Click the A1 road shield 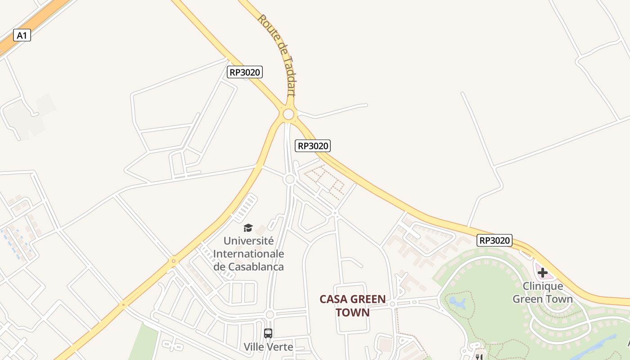(22, 35)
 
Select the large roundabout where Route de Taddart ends (288, 114)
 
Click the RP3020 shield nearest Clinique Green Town (495, 240)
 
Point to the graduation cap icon (248, 228)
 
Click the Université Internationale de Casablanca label (248, 254)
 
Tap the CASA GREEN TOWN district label (352, 306)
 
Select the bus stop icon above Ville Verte (268, 333)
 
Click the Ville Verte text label (268, 347)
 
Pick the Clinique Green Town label (542, 292)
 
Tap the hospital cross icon (542, 273)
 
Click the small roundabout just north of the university (290, 179)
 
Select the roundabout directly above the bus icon (270, 315)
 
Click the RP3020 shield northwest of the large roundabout (244, 72)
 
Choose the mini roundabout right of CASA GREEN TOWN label (392, 304)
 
